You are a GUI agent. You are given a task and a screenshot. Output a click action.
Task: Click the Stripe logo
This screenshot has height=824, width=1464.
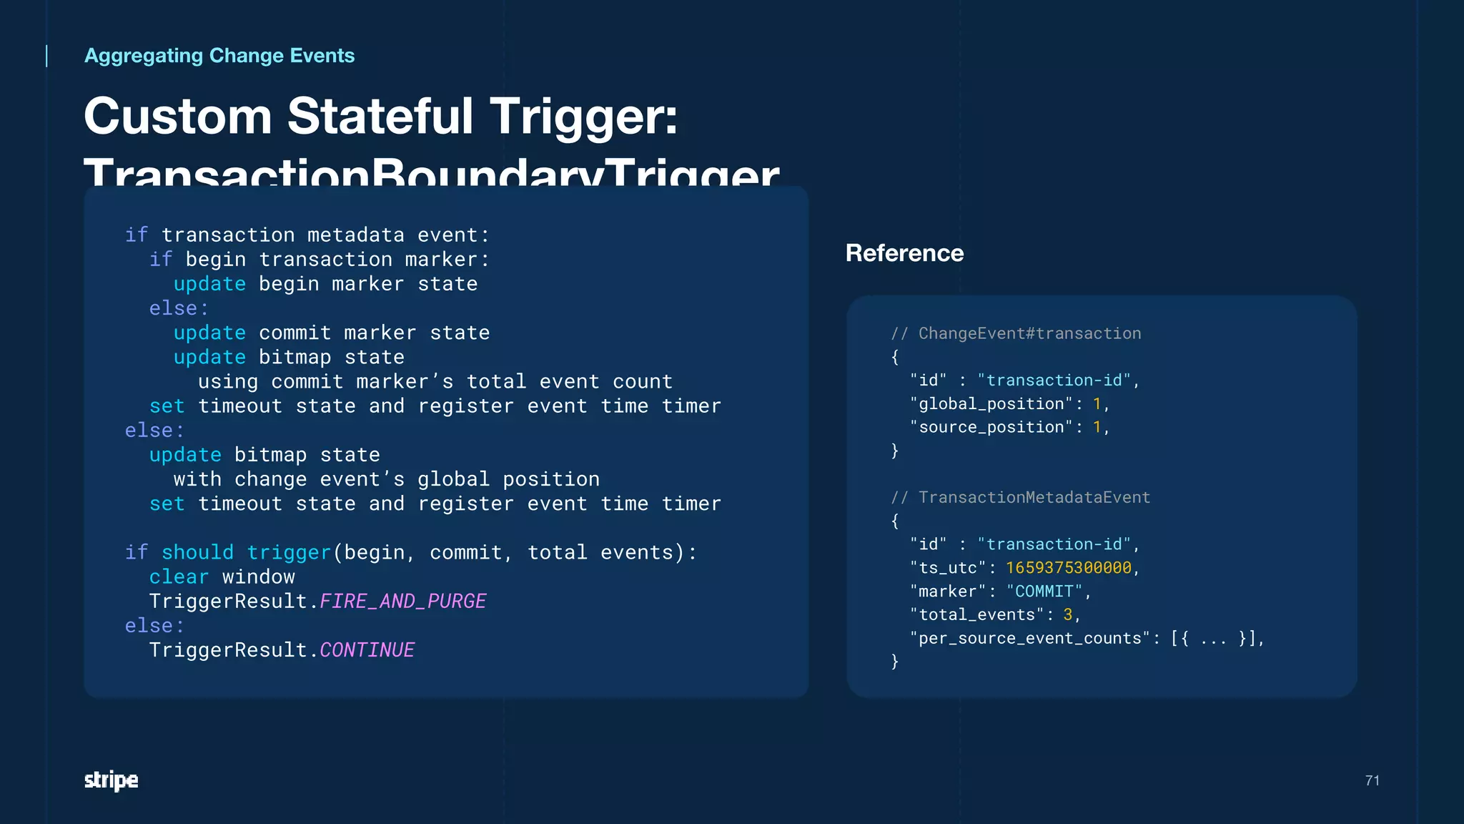[x=111, y=780]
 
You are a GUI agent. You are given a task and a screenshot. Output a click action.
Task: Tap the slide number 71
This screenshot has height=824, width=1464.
[x=1372, y=780]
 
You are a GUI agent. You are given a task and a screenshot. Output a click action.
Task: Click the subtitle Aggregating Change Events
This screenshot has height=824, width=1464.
[x=219, y=56]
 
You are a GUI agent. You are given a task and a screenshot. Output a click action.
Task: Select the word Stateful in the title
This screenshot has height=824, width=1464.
[x=380, y=116]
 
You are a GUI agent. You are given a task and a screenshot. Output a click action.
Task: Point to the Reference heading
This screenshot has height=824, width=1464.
[x=904, y=253]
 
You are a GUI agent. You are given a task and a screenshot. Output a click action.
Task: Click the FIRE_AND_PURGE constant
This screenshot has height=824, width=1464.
[x=402, y=601]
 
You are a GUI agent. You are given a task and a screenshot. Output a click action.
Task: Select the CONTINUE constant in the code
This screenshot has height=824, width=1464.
[x=367, y=649]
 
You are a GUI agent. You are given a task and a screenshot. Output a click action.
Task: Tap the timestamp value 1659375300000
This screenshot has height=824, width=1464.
[x=1068, y=568]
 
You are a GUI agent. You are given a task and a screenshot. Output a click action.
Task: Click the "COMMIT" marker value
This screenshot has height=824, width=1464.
[x=1044, y=592]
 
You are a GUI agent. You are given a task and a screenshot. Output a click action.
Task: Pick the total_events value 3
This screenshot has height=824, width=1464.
[x=1067, y=615]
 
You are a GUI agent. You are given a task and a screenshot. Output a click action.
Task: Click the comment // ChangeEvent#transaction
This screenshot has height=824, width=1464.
[x=1015, y=333]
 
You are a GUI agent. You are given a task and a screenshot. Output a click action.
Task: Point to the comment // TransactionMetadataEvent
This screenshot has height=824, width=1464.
[x=1020, y=497]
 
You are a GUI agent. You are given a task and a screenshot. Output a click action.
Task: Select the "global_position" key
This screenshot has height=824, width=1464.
[x=991, y=404]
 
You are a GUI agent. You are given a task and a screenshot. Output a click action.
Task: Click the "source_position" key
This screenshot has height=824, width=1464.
[x=991, y=428]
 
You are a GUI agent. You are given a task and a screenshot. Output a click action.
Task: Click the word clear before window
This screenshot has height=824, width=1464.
[x=179, y=577]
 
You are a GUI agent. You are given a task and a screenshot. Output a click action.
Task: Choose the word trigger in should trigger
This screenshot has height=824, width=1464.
[x=288, y=552]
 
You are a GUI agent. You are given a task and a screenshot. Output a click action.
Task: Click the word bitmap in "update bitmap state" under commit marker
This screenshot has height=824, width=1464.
[x=295, y=357]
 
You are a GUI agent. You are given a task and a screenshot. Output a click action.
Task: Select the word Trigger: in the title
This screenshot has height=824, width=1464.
[x=583, y=116]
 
